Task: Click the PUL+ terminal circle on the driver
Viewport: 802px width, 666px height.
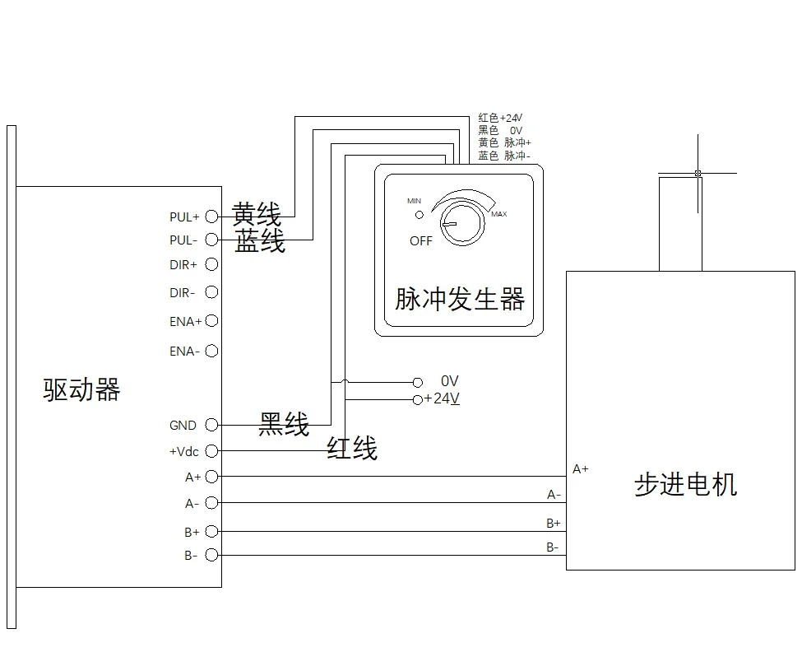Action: [211, 217]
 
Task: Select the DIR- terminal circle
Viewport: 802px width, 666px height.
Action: [211, 292]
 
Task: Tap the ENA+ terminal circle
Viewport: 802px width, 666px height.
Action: [211, 321]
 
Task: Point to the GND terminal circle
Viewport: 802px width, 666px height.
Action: [211, 425]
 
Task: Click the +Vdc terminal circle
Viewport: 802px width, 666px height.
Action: [211, 451]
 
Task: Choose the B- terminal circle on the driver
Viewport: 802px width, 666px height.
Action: [211, 555]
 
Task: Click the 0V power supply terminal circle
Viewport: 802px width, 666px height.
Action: [418, 383]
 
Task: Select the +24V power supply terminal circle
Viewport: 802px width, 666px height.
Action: [418, 400]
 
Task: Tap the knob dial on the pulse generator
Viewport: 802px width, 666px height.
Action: [462, 223]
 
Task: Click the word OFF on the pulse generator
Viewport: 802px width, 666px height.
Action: [421, 241]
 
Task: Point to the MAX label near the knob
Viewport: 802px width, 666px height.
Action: [499, 214]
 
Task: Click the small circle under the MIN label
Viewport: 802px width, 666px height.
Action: [420, 215]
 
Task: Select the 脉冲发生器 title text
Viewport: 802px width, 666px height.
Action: [460, 299]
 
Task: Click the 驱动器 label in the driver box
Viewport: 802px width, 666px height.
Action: [81, 389]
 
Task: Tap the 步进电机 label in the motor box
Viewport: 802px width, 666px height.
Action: [686, 484]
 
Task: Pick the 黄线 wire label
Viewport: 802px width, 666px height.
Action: [257, 214]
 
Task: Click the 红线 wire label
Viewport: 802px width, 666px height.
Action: [352, 448]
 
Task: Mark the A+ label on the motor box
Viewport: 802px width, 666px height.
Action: [581, 469]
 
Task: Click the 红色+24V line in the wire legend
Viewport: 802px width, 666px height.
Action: [500, 118]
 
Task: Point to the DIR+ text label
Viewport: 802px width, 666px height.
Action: [183, 265]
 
